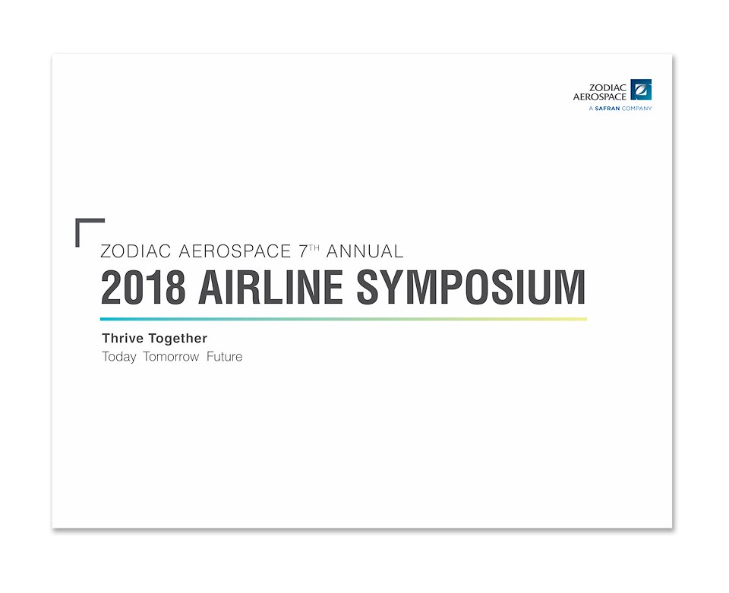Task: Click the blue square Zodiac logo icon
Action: (x=641, y=90)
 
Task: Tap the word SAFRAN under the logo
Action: (x=607, y=109)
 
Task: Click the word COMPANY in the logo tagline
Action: (x=637, y=109)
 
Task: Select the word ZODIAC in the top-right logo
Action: (x=607, y=87)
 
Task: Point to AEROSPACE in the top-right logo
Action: (x=600, y=96)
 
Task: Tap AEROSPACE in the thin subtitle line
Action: (x=235, y=251)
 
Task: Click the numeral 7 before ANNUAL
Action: (x=304, y=251)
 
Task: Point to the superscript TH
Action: (x=314, y=248)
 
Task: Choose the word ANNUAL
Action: (x=365, y=251)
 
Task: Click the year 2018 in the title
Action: (x=144, y=287)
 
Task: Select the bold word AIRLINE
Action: (x=271, y=287)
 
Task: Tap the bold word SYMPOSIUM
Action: (x=471, y=287)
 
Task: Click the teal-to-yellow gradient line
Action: (x=343, y=319)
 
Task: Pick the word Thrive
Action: (x=122, y=339)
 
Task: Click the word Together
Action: (x=178, y=339)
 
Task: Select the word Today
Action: (x=119, y=357)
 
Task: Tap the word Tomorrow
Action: (x=171, y=357)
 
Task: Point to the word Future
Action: (x=225, y=357)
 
